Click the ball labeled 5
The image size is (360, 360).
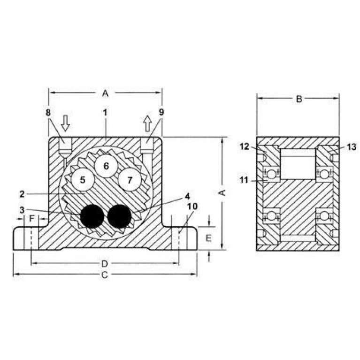point(83,180)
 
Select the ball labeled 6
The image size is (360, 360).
point(106,166)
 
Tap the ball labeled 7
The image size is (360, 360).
point(130,180)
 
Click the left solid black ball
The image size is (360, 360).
point(92,216)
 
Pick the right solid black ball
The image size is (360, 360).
point(119,216)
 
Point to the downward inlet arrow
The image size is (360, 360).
point(66,123)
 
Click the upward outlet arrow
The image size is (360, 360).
point(148,123)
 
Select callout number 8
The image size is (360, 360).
point(48,113)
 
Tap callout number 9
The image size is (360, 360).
point(161,113)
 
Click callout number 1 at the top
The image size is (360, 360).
point(105,113)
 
